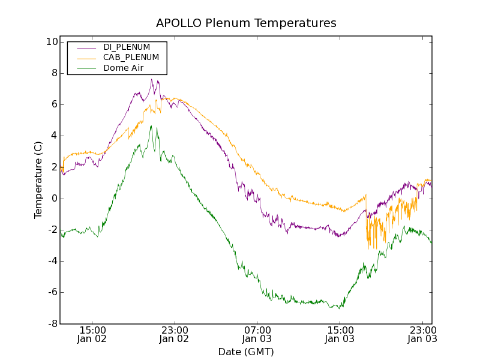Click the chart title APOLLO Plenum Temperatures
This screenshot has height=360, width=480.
[246, 23]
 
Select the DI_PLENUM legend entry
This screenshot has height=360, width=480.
[126, 47]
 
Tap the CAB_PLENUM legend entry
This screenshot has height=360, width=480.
[131, 57]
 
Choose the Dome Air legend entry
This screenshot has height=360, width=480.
[124, 68]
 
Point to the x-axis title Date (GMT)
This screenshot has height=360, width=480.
[246, 352]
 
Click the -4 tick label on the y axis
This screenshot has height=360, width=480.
[52, 261]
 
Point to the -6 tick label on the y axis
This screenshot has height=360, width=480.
[52, 292]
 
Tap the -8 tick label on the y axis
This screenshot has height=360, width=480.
[52, 323]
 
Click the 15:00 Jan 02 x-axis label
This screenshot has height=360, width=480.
[92, 334]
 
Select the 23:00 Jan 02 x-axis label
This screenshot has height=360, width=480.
[175, 334]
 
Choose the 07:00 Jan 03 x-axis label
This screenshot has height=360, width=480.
[257, 334]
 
